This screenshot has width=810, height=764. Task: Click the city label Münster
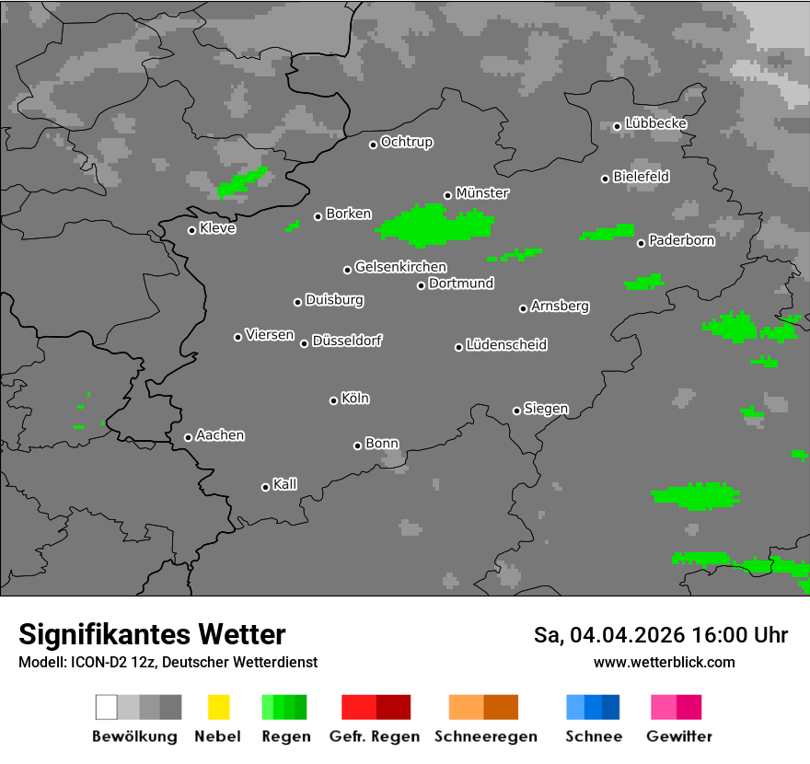pos(482,193)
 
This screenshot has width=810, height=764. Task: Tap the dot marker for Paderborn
pos(642,243)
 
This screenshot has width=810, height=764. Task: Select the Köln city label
pos(355,399)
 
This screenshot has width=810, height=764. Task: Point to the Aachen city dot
pos(189,437)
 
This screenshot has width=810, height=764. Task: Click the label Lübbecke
pos(656,123)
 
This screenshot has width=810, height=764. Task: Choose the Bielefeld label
pos(642,177)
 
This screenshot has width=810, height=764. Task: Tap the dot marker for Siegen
pos(516,411)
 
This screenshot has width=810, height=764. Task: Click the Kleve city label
pos(218,228)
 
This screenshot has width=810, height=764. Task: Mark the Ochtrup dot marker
pos(374,145)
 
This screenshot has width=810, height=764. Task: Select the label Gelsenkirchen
pos(400,267)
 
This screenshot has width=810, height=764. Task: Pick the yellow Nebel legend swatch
pos(218,707)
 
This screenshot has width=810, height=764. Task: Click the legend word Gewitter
pos(679,736)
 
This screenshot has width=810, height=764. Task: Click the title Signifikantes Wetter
pos(152,634)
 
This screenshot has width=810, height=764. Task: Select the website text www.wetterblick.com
pos(665,662)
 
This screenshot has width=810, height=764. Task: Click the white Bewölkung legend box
pos(107,707)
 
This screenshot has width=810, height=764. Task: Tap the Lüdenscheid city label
pos(506,345)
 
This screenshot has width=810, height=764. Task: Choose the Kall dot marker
pos(266,487)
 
